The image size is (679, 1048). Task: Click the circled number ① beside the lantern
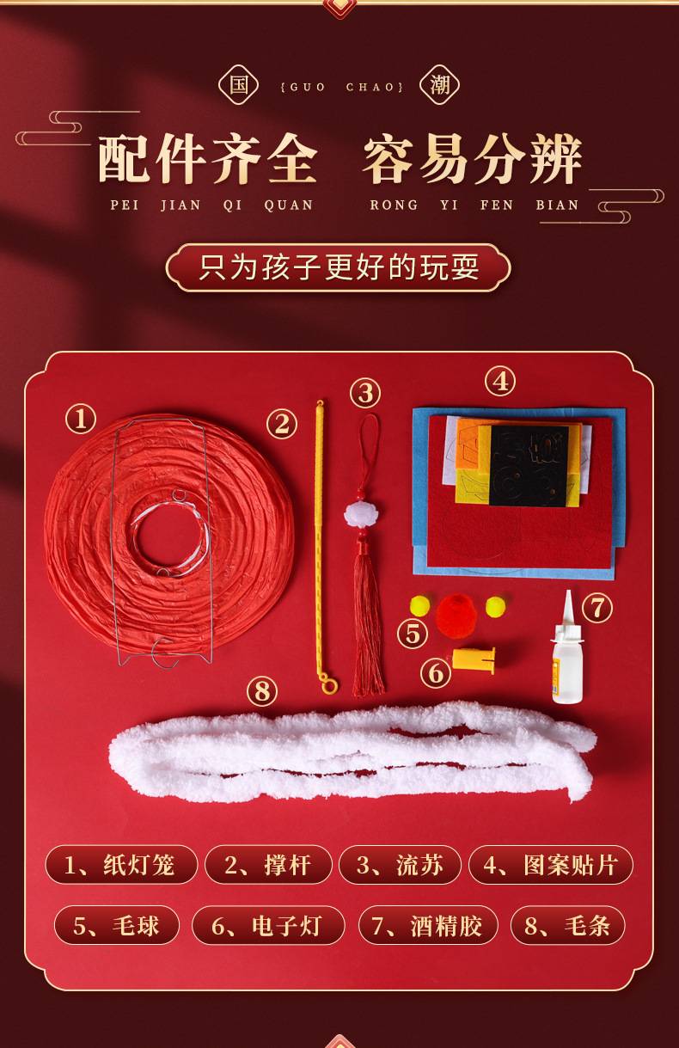coord(81,419)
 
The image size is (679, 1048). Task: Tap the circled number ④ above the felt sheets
coord(500,382)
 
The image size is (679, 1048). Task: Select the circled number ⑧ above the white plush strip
coord(262,691)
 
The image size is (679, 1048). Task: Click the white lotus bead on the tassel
coord(360,516)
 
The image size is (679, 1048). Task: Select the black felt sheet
coord(529,466)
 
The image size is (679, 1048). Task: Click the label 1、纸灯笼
coord(121,865)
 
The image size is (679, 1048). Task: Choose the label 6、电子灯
coord(268,925)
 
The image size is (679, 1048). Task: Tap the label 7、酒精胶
coord(428,925)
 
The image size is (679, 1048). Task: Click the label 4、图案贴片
coord(551,865)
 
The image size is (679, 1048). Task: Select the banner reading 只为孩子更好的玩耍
coord(338,268)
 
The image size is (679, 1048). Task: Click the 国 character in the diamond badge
coord(238,85)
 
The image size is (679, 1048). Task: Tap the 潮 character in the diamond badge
coord(439,85)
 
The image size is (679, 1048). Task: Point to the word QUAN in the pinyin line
coord(289,205)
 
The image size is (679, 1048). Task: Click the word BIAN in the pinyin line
coord(558,205)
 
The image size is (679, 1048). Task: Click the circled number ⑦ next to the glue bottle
coord(597,608)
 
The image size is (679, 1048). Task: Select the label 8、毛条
coord(568,925)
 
